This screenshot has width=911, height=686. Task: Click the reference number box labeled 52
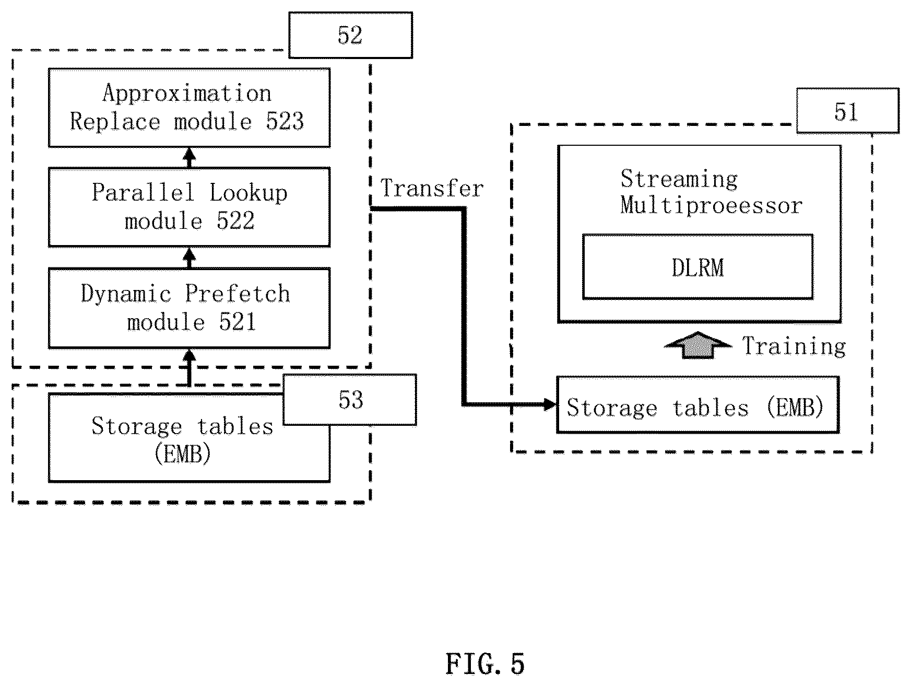coord(350,35)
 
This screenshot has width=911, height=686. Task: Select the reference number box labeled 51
coord(847,110)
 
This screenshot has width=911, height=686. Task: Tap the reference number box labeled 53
coord(349,400)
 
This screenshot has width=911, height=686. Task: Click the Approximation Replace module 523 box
coord(189,108)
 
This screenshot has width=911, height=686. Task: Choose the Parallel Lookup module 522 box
coord(189,207)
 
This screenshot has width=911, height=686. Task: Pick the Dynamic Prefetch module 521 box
coord(189,308)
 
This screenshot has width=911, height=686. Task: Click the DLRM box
coord(697,266)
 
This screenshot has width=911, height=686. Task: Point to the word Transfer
coord(432,188)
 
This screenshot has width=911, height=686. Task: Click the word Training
coord(794,346)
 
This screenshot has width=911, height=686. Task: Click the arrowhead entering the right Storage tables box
coord(550,404)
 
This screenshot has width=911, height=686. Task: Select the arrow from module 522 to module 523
coord(190,157)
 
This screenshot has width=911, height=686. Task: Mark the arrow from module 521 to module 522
coord(190,258)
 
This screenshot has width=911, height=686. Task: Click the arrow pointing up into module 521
coord(190,367)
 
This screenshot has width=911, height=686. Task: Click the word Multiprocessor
coord(711,205)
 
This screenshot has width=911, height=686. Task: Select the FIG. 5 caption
coord(485,664)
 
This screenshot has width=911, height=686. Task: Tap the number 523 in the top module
coord(285,121)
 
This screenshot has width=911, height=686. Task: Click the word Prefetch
coord(238,294)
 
